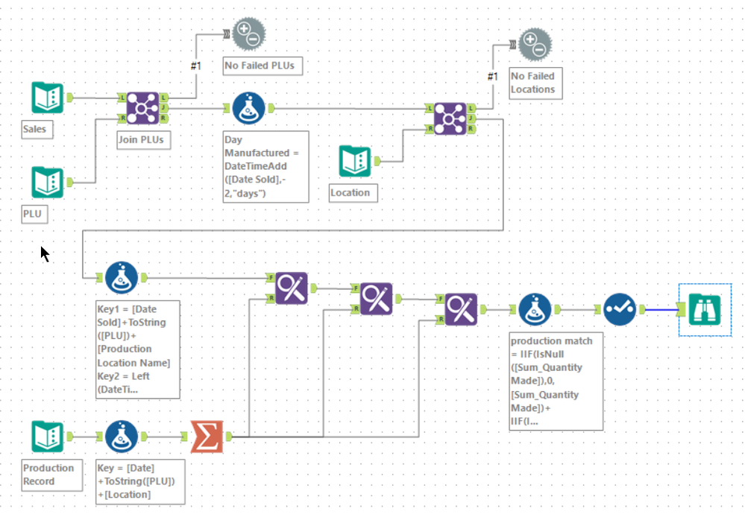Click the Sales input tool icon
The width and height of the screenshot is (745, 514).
tap(47, 98)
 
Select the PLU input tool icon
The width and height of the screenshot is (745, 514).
tap(47, 183)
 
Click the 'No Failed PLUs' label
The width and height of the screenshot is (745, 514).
tap(260, 66)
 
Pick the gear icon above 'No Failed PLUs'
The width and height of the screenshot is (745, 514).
tap(248, 33)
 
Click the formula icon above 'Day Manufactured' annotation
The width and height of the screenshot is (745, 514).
tap(248, 109)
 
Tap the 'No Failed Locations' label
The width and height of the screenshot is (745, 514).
tap(532, 83)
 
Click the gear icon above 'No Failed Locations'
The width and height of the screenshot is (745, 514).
tap(535, 44)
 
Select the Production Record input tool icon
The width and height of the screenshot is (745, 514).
tap(47, 437)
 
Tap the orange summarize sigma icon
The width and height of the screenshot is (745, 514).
tap(207, 437)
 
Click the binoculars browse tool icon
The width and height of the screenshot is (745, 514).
tap(704, 308)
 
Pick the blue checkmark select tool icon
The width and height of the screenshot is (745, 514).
tap(619, 308)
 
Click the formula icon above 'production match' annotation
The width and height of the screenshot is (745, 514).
tap(535, 309)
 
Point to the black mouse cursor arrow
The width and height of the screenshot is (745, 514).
tap(44, 254)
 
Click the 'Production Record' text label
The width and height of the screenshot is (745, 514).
tap(48, 475)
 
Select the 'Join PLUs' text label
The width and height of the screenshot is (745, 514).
tap(140, 139)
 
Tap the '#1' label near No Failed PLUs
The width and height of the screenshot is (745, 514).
tap(195, 66)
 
